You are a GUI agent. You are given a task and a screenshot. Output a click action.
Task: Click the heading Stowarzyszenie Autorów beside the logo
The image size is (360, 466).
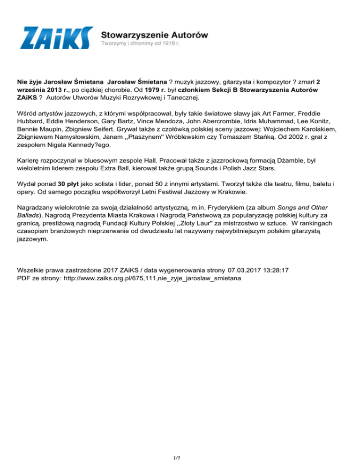(x=155, y=35)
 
